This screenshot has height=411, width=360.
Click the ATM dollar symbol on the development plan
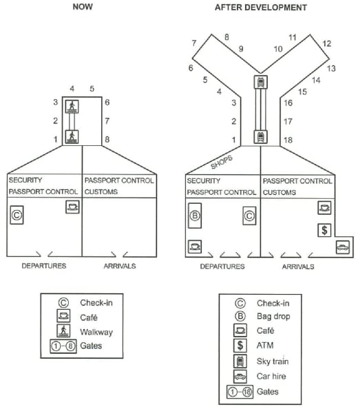324,230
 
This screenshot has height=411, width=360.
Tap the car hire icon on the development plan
343,247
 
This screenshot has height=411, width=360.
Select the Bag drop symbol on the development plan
195,215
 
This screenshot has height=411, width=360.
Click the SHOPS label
222,162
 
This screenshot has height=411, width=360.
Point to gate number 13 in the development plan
332,68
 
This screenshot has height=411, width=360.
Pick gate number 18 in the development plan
288,140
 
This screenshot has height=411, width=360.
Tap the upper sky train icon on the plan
261,82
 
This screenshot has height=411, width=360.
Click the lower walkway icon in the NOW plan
72,137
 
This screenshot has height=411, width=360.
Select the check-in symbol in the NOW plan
17,215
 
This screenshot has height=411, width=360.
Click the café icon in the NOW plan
72,207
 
